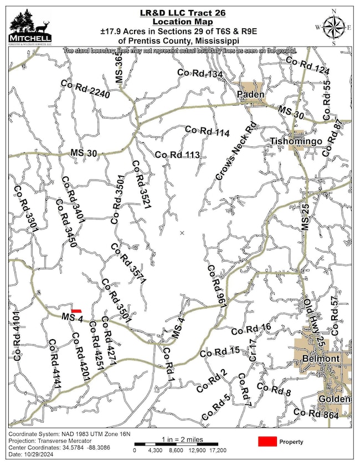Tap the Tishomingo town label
pos(296,142)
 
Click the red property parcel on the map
pos(76,311)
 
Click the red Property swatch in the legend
pos(268,442)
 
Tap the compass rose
pos(333,26)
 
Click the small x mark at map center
pos(182,233)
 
